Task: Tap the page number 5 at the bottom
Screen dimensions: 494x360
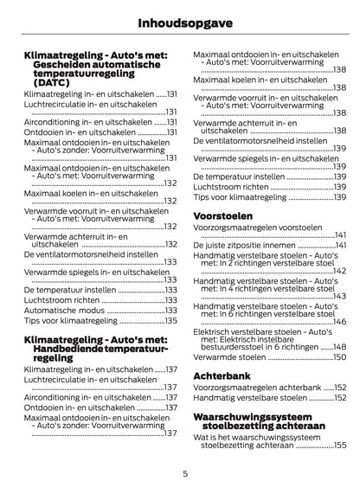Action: click(185, 474)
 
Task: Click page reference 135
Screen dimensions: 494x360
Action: click(171, 320)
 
